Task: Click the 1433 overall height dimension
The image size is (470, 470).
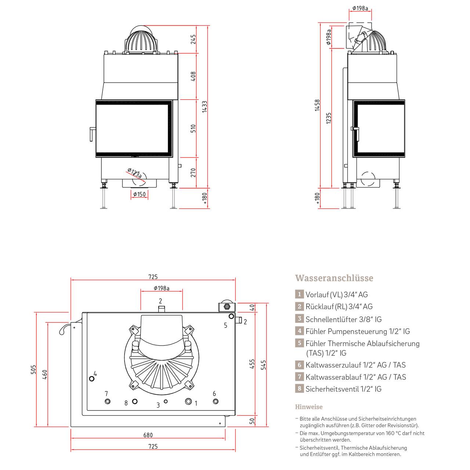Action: (205, 106)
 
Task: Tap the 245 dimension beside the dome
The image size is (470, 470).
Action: (193, 39)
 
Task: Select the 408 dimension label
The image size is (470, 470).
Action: (193, 76)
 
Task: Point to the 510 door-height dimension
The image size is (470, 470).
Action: (193, 129)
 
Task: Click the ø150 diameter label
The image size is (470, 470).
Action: (139, 194)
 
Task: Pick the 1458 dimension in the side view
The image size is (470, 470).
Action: (317, 105)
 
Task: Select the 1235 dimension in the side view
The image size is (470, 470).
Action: (329, 118)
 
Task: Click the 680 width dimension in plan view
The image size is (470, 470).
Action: (148, 435)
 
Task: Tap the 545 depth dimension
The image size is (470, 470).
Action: (263, 365)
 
